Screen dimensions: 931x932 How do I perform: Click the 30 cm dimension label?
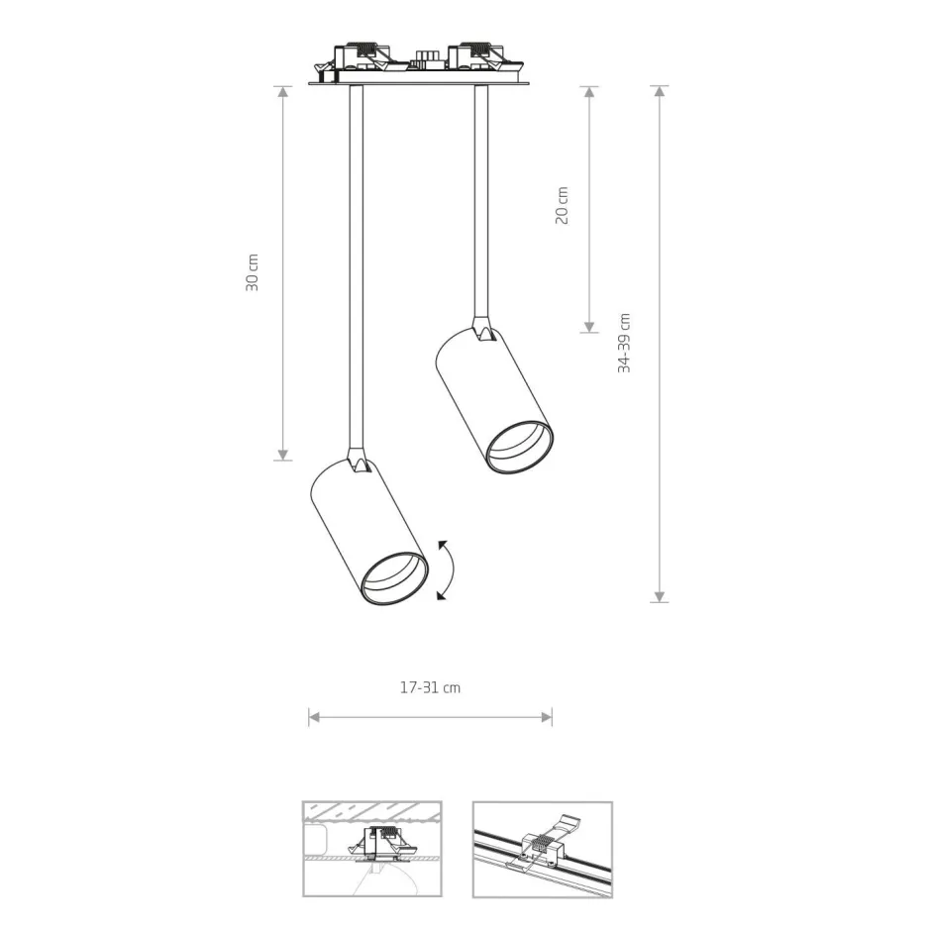click(253, 272)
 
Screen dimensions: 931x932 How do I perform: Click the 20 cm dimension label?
click(562, 205)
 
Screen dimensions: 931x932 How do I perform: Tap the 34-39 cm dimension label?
click(624, 343)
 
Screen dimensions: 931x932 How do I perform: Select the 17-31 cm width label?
click(430, 687)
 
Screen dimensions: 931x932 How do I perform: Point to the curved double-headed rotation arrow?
click(452, 570)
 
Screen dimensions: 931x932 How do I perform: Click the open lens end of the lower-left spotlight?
click(395, 578)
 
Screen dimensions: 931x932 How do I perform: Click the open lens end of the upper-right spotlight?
click(520, 447)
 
